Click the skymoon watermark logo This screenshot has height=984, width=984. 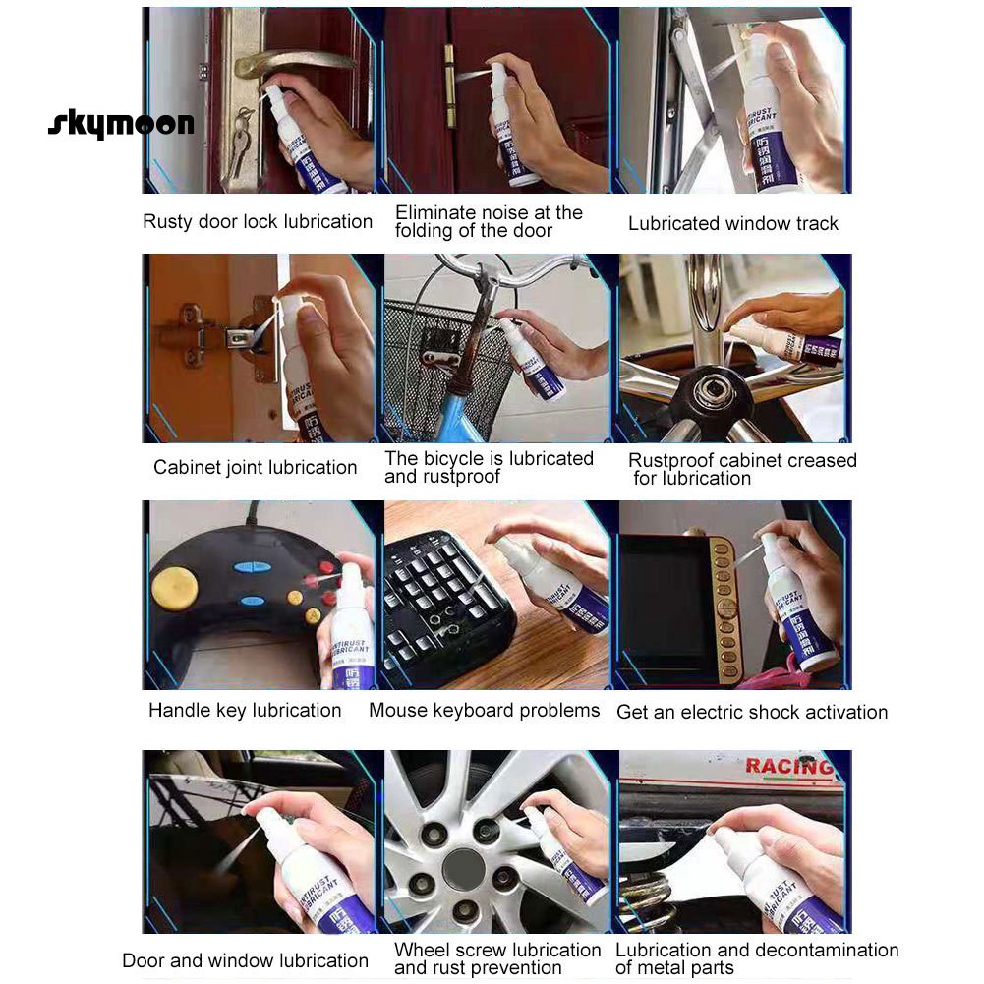coord(121,125)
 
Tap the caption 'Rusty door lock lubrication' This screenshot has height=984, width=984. coord(258,222)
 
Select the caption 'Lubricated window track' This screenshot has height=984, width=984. coord(733,224)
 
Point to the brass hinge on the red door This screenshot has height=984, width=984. coord(450,87)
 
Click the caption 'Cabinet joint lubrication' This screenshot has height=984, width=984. coord(256,468)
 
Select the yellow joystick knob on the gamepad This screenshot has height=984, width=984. coord(175,587)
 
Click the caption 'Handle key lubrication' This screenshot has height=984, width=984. coord(245,711)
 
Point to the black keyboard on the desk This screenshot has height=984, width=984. coord(442,600)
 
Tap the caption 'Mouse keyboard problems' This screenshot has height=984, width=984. coord(484,711)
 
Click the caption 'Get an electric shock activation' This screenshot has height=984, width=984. coord(752,713)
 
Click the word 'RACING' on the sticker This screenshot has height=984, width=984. coord(788,767)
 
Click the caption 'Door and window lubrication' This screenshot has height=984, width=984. coord(245,961)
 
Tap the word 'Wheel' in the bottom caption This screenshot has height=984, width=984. coord(421,951)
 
